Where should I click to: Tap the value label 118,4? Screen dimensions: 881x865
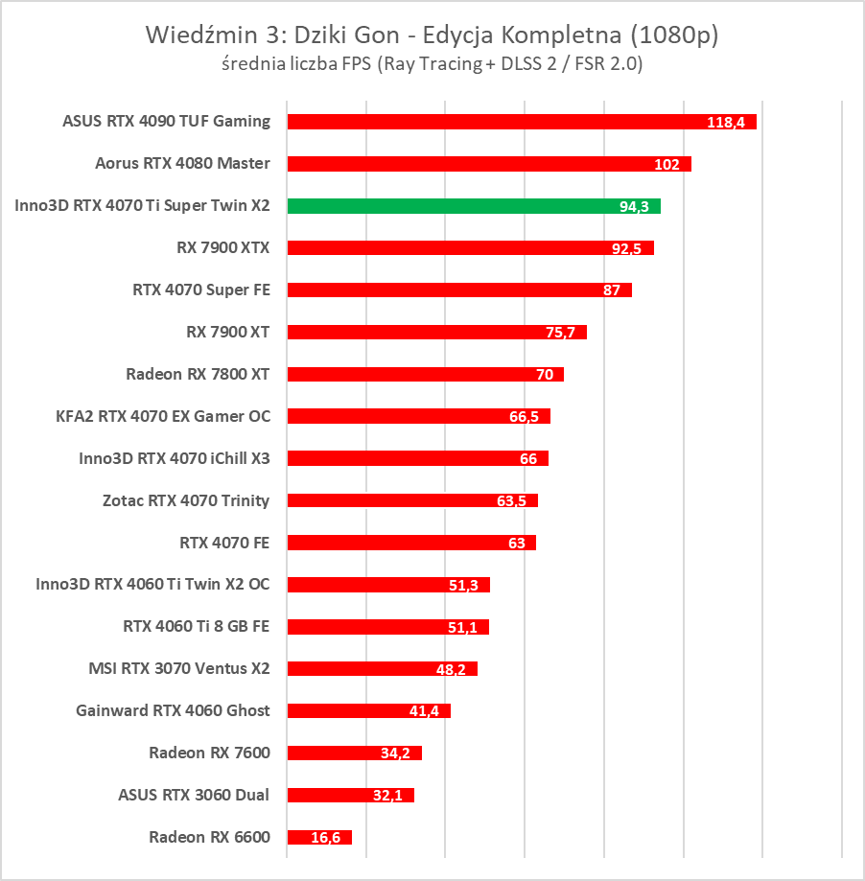(x=726, y=123)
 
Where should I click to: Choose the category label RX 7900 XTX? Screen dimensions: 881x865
(x=223, y=247)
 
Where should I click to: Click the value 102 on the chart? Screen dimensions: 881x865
(x=666, y=165)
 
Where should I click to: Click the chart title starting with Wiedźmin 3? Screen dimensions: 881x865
(x=432, y=35)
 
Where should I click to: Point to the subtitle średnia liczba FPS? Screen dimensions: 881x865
(x=432, y=64)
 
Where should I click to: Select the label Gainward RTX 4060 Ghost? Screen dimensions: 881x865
(x=173, y=710)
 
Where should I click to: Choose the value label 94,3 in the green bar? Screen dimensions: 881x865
(x=635, y=207)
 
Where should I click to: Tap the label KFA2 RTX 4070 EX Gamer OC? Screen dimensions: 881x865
(x=163, y=416)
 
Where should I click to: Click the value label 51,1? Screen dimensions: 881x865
(x=464, y=627)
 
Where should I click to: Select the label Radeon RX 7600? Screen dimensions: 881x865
(x=209, y=753)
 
